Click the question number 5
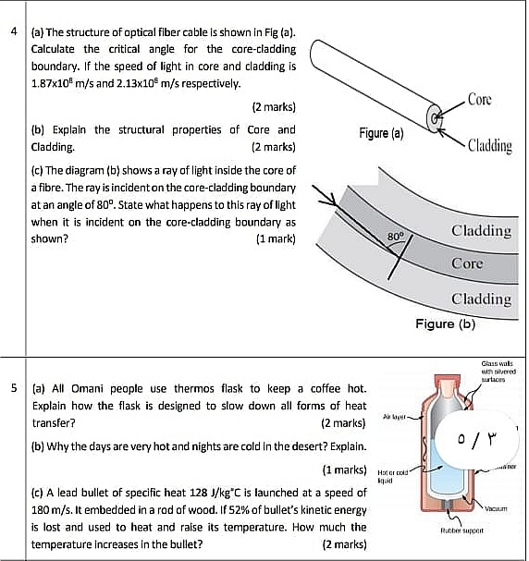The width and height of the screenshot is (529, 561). point(13,389)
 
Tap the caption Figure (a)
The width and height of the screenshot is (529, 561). point(381,133)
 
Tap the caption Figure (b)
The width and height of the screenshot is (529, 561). point(444,324)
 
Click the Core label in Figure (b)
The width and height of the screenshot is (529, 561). point(467,263)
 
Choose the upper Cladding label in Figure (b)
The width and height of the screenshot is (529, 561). point(480,230)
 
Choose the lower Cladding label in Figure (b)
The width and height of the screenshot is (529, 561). point(480,299)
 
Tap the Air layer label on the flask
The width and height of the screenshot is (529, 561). point(397,417)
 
